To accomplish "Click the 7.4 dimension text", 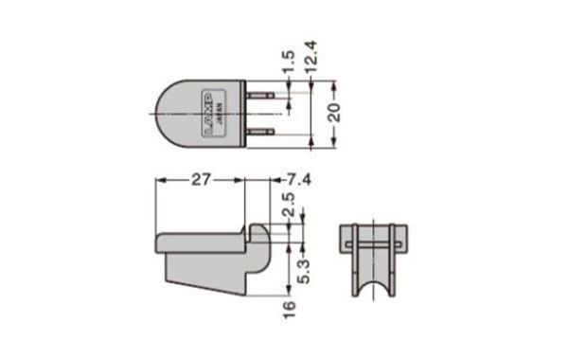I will [295, 179].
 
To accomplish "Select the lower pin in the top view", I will [261, 133].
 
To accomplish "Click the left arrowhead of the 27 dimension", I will [159, 179].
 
